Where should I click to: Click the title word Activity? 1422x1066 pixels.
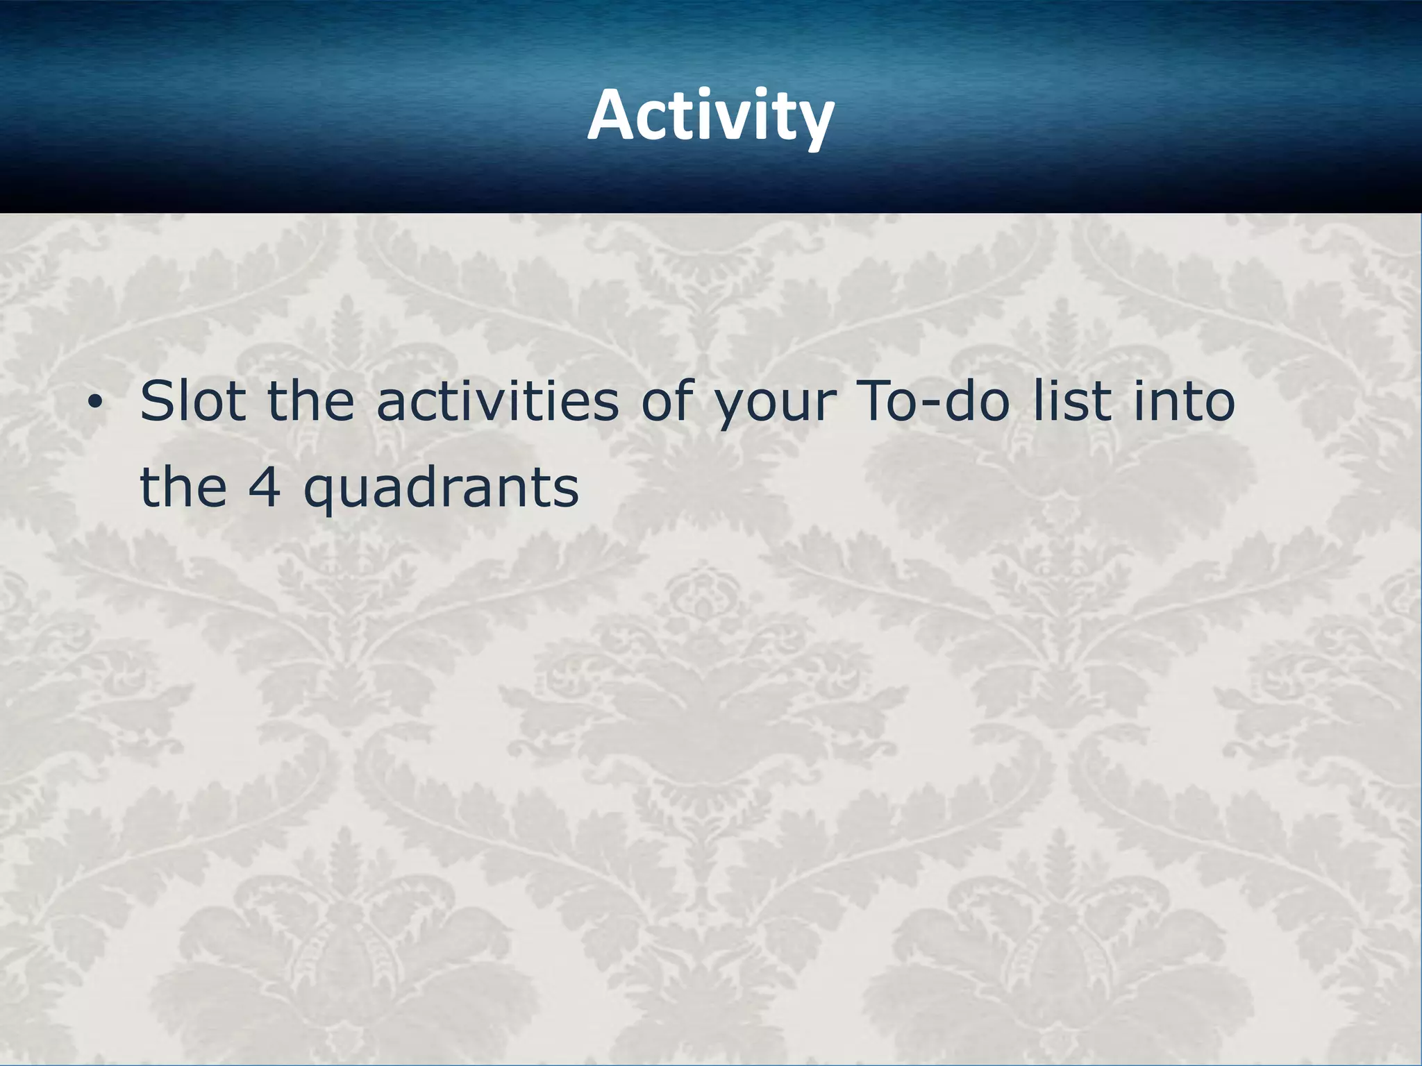pos(710,115)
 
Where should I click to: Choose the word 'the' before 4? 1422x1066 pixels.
pos(183,487)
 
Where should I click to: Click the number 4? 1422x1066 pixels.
pos(265,487)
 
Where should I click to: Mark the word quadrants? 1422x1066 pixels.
pos(441,489)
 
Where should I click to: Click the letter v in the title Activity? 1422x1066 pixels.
pos(736,119)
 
